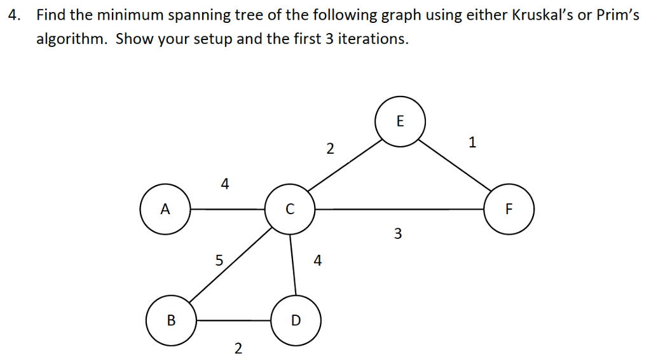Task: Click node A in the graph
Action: tap(165, 209)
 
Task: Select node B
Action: tap(171, 320)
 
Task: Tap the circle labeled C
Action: tap(290, 209)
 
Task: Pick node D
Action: tap(296, 320)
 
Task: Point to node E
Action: tap(401, 121)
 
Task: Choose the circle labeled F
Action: tap(509, 209)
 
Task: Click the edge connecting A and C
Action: tap(228, 209)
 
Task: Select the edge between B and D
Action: tap(233, 320)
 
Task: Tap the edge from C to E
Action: tap(345, 165)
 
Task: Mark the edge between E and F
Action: tap(455, 165)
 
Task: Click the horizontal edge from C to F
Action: tap(399, 209)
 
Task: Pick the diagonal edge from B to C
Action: tap(230, 265)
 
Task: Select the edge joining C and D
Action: tap(292, 265)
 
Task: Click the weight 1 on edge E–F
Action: tap(472, 142)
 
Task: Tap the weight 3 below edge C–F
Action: tap(398, 234)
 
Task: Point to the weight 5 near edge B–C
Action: tap(219, 260)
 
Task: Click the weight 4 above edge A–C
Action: tap(224, 184)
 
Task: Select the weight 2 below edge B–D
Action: tap(238, 348)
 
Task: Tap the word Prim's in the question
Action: tap(618, 15)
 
